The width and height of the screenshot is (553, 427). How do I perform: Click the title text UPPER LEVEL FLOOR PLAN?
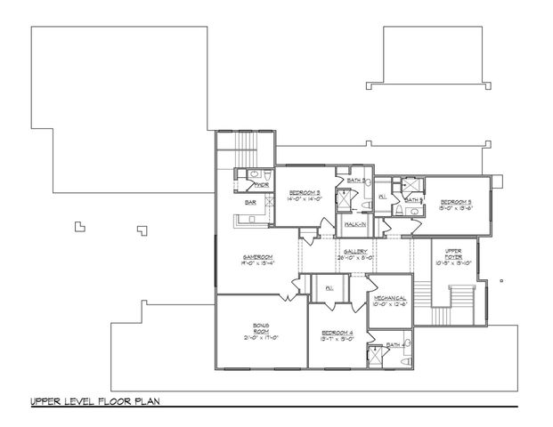click(x=95, y=401)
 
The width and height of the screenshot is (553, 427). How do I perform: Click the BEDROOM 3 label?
click(x=305, y=191)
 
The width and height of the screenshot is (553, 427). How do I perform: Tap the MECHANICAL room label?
click(x=390, y=299)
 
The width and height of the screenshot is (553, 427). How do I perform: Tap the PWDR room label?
click(x=262, y=185)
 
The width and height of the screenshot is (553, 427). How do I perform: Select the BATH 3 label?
click(x=353, y=181)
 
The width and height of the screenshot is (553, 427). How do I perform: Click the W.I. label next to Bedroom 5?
click(x=381, y=197)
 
